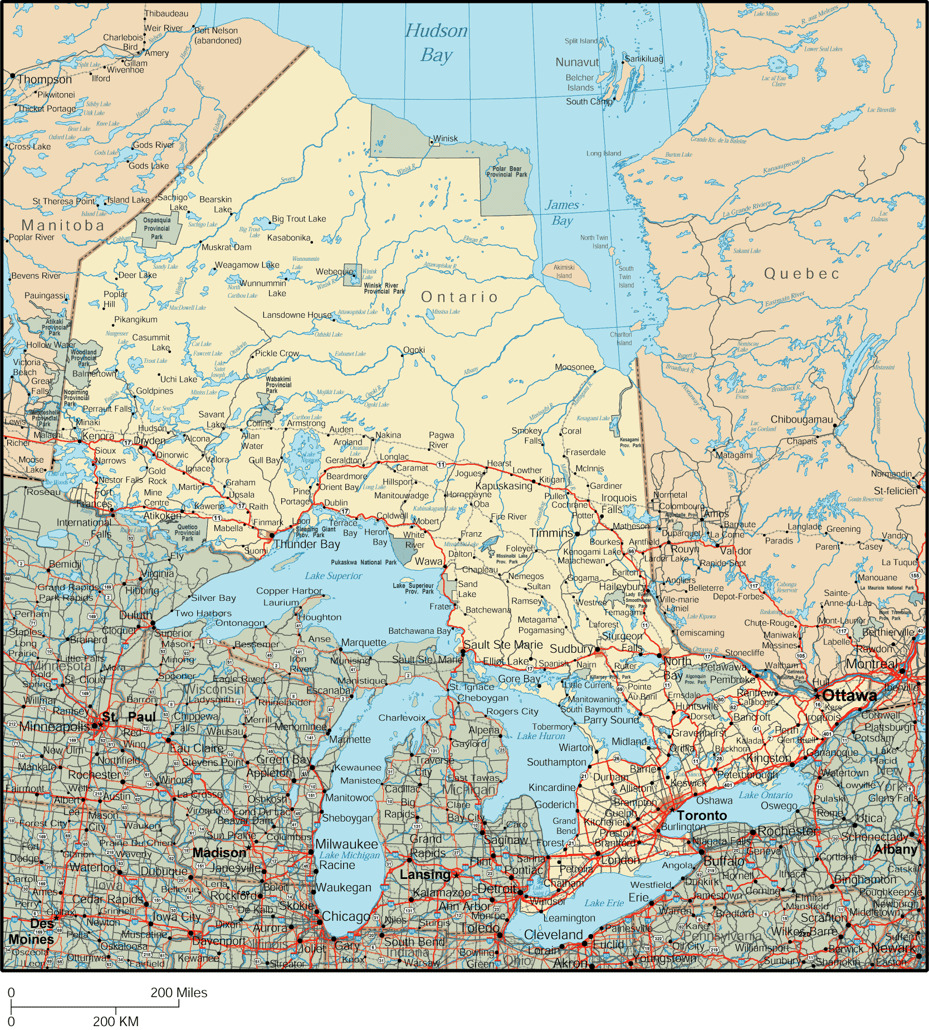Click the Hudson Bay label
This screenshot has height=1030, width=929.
[436, 42]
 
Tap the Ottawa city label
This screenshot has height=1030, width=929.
[849, 695]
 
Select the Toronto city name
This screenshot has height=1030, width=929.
[702, 815]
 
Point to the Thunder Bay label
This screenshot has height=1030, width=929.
[306, 544]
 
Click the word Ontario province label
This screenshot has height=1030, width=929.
[459, 297]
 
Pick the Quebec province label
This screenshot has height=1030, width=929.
[801, 274]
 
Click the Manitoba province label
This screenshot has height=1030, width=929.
[63, 225]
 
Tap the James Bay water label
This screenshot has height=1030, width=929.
[562, 212]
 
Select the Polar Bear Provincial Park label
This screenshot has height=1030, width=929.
[506, 171]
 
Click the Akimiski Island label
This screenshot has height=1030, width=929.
[564, 271]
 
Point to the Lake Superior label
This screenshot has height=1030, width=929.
[333, 576]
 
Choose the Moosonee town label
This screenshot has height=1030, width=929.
[574, 367]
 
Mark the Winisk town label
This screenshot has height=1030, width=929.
[445, 138]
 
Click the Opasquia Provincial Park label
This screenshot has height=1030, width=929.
[157, 228]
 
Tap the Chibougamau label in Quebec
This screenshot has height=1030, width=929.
[801, 419]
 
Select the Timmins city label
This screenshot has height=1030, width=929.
[551, 533]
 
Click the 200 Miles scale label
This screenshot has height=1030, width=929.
[178, 992]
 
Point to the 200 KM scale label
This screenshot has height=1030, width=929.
[115, 1021]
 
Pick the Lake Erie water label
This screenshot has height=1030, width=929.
[604, 903]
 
